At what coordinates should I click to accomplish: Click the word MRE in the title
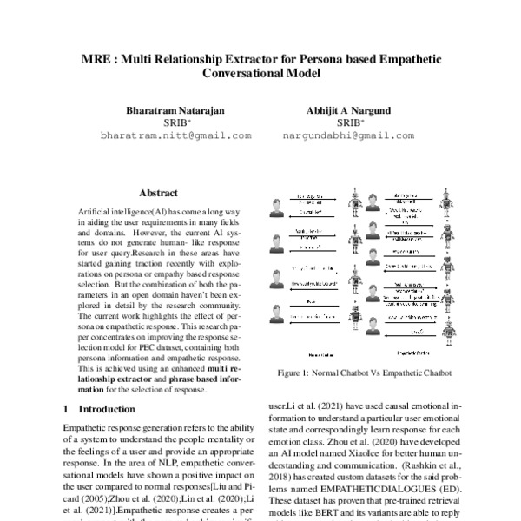[x=96, y=58]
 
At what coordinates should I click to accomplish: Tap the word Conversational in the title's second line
[x=240, y=74]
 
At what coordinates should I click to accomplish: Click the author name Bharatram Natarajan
[x=176, y=111]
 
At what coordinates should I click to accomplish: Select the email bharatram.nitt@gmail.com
[x=176, y=136]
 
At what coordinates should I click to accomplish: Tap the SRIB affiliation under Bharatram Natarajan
[x=176, y=123]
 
